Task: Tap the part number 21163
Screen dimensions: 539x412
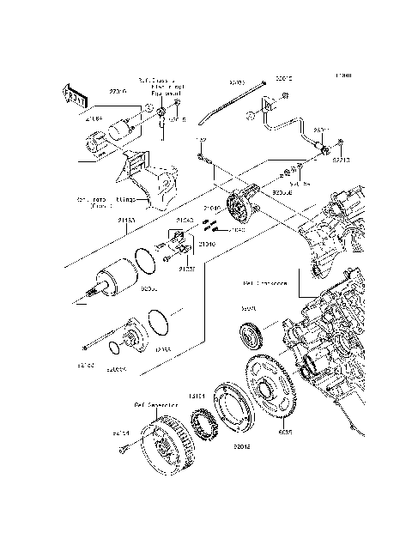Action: pyautogui.click(x=125, y=220)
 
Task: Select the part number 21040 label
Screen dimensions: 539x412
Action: pyautogui.click(x=211, y=208)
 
